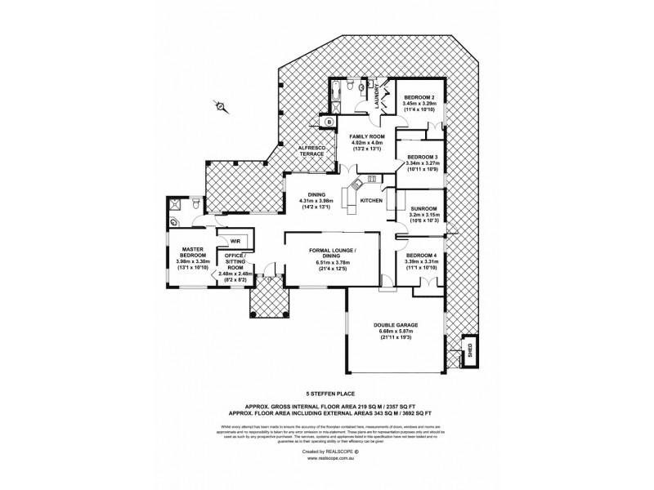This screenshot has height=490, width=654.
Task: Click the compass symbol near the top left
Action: coord(219,105)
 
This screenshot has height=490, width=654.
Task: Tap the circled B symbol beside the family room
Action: coord(329,122)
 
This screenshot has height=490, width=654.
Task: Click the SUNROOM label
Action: coord(423,208)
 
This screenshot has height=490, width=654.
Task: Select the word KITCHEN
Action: coord(372,200)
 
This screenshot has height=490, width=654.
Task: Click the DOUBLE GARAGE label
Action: coord(396,324)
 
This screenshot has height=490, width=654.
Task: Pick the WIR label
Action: coord(235,241)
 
